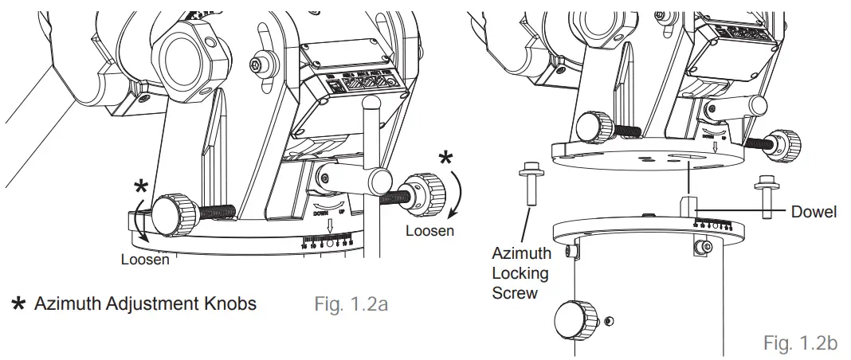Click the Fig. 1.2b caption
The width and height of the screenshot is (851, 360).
coord(798,343)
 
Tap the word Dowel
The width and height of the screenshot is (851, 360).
coord(814,213)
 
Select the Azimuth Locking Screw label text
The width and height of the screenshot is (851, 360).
coord(520,273)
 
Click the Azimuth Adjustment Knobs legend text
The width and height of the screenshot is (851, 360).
coord(145,303)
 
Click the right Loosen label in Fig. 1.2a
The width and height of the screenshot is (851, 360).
coord(429,231)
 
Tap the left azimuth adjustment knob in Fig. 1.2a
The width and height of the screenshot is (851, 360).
coord(170,215)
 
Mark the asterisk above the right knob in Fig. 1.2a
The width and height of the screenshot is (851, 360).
coord(445,158)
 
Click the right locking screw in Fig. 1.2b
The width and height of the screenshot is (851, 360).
coord(765,194)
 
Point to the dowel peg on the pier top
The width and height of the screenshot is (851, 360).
coord(685,203)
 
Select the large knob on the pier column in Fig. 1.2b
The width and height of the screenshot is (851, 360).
coord(574,318)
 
